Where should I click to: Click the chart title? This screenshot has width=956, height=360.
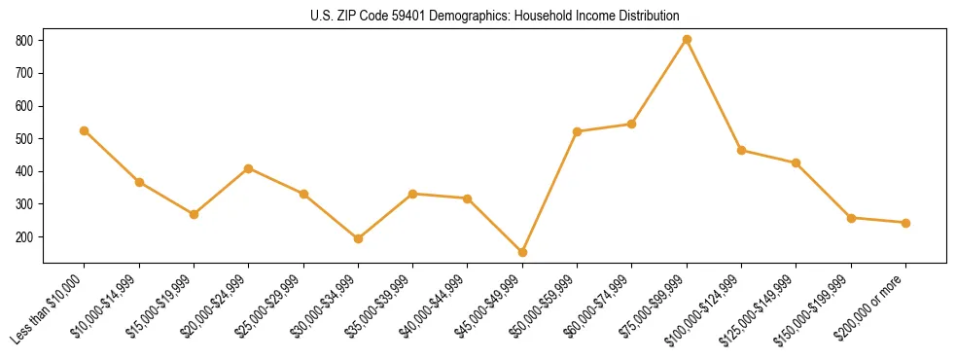point(494,17)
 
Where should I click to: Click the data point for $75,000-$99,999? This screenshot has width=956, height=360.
point(687,40)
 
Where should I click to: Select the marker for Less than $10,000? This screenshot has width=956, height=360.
point(85,130)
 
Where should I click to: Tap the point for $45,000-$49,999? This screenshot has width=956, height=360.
point(522,252)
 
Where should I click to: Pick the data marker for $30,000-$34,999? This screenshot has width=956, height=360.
point(358,238)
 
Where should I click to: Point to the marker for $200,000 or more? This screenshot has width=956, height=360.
point(905,223)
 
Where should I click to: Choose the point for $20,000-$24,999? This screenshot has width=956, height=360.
point(249,168)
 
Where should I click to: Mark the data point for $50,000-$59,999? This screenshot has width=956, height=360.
point(577,131)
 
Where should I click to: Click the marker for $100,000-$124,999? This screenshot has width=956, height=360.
point(741,151)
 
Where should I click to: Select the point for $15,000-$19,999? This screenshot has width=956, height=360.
point(194,214)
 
